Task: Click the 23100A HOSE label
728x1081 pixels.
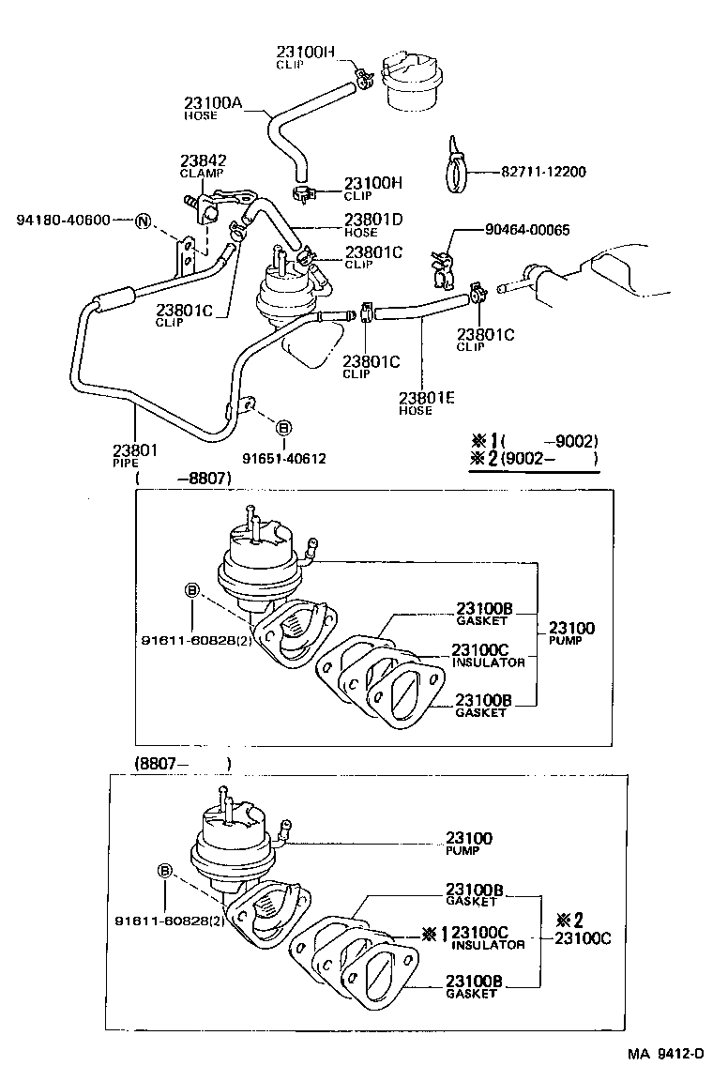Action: tap(213, 108)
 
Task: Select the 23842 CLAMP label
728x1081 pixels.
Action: tap(203, 166)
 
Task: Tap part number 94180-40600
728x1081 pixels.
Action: tap(63, 221)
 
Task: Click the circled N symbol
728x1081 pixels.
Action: tap(143, 221)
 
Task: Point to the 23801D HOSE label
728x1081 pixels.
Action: tap(372, 225)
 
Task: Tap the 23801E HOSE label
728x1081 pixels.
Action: tap(426, 403)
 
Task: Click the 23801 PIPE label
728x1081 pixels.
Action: tap(135, 455)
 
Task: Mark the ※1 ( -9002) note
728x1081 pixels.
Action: tap(535, 441)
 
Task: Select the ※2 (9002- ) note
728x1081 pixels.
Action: tap(535, 459)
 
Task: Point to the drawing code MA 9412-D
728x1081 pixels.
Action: tap(665, 1055)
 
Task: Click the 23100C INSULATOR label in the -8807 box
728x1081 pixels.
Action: tap(488, 655)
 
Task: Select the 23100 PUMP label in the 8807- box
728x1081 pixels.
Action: tap(468, 843)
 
